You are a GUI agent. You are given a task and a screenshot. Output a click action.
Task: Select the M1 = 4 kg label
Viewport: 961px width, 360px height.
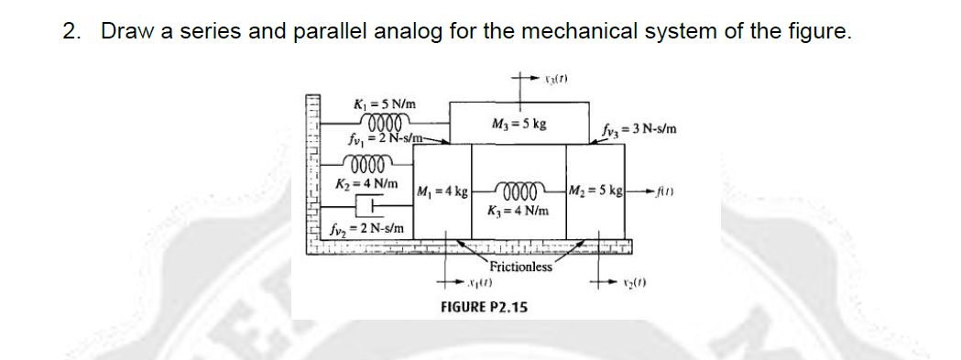(x=443, y=192)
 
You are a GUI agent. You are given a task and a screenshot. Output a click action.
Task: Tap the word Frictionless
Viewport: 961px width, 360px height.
(x=520, y=267)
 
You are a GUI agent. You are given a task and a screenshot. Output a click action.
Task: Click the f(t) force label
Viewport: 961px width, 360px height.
(x=661, y=192)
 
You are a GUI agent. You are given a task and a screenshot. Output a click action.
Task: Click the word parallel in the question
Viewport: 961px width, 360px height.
(x=330, y=31)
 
